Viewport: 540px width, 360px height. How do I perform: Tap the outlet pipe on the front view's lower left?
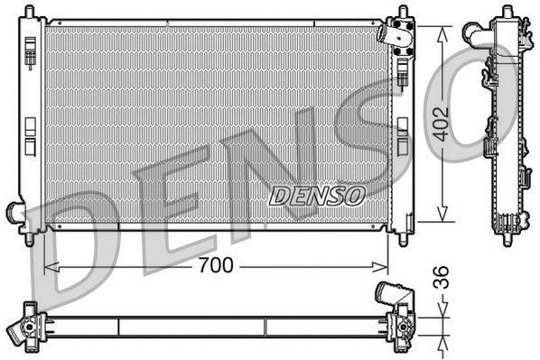coord(17,213)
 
